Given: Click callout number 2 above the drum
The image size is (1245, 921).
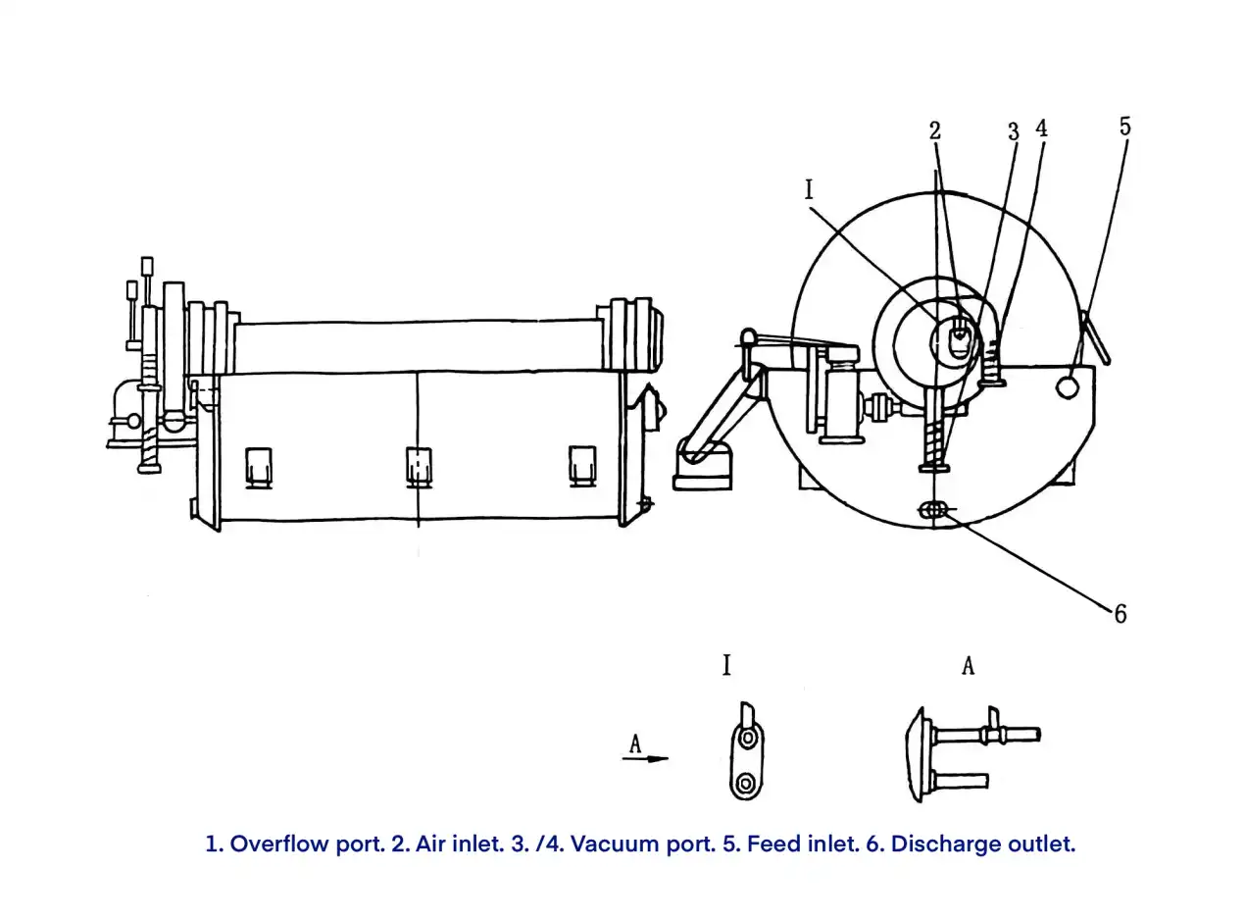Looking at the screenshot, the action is point(934,130).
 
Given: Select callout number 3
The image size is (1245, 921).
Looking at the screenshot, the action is point(1014,132).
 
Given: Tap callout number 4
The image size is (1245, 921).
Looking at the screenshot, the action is point(1041,128).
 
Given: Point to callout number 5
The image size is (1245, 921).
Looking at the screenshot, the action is point(1124,127).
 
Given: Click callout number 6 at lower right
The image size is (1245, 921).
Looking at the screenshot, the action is point(1120,614).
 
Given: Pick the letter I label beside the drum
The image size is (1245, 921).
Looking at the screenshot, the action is point(809,190).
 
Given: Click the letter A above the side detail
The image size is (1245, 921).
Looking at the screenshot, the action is point(969,666).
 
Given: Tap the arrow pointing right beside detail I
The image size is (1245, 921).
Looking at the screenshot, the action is point(645,759).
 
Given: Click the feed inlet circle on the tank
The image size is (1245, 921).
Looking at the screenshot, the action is point(1067,386).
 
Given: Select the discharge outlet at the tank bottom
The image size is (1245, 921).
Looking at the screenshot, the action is point(932,510).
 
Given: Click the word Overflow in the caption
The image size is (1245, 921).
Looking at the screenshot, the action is point(279,844).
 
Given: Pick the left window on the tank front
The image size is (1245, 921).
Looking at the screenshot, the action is point(258,468).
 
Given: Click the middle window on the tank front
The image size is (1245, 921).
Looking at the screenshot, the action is point(419,467).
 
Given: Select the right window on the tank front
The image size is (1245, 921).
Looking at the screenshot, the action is point(582,466).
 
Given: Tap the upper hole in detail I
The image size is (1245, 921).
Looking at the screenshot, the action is point(748,739).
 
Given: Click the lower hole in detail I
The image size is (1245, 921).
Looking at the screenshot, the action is point(745,783).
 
